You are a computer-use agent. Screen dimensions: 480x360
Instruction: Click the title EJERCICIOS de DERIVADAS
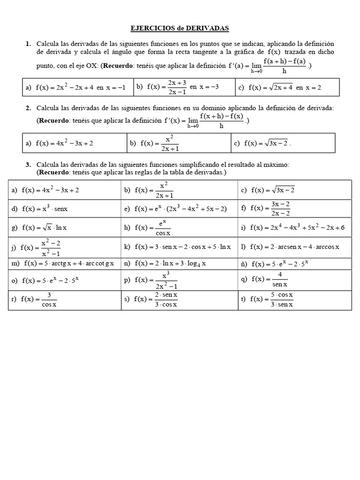click(180, 28)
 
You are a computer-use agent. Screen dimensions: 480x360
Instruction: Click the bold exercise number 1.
click(28, 44)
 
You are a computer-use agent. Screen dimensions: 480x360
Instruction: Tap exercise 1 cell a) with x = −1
click(77, 87)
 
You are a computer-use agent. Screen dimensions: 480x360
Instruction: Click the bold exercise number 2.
click(28, 108)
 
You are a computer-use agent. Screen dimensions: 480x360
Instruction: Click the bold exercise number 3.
click(28, 165)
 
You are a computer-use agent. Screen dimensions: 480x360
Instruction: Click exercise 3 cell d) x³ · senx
click(64, 209)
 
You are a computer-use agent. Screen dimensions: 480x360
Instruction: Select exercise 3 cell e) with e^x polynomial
click(179, 209)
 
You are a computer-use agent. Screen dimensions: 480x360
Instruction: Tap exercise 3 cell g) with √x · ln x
click(64, 227)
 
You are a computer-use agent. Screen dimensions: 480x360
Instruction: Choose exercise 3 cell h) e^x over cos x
click(179, 227)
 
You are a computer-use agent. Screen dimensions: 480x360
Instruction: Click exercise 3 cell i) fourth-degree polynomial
click(294, 227)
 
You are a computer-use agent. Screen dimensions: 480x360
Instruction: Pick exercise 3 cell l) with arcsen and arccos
click(294, 247)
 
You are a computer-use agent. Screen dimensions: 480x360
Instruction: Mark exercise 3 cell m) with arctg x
click(64, 263)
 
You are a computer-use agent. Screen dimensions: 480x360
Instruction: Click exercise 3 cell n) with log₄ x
click(179, 263)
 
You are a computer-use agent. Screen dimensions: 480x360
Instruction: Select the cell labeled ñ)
click(294, 263)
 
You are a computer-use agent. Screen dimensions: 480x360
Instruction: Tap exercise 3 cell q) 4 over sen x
click(294, 280)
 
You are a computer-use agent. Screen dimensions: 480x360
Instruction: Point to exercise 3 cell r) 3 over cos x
click(64, 300)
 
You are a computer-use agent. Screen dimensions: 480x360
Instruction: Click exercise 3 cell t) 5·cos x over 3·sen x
click(294, 300)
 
